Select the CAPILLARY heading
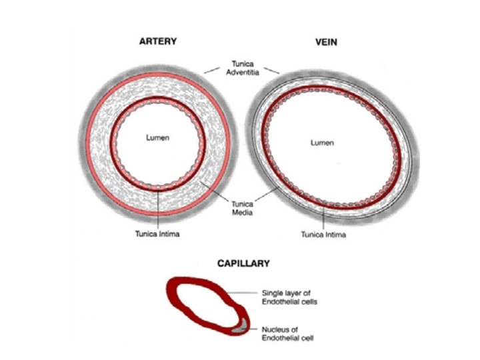pyautogui.click(x=243, y=263)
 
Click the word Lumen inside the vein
pyautogui.click(x=323, y=143)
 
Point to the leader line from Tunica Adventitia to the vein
pyautogui.click(x=270, y=68)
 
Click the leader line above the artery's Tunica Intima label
pyautogui.click(x=158, y=209)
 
